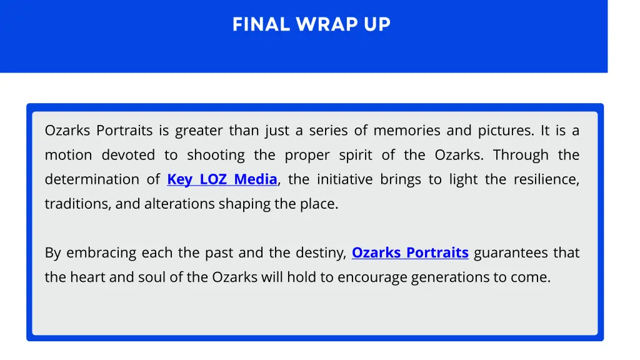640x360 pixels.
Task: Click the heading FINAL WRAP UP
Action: click(311, 24)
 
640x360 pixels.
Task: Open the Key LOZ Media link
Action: click(222, 179)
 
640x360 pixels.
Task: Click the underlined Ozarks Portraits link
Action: click(410, 253)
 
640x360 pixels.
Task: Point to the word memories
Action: click(406, 131)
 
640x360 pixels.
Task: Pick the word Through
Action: click(521, 155)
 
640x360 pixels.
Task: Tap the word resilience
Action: click(546, 179)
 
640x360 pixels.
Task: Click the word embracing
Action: click(101, 253)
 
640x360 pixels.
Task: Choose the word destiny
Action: click(321, 253)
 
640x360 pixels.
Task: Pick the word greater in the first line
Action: click(199, 131)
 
